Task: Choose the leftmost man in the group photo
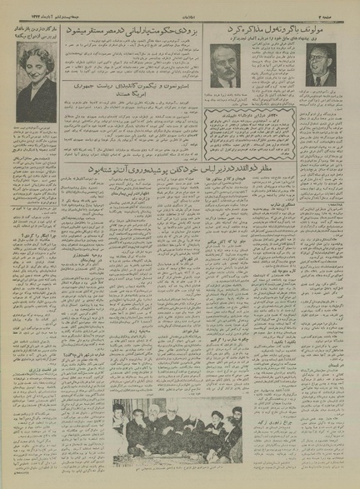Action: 126,433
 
